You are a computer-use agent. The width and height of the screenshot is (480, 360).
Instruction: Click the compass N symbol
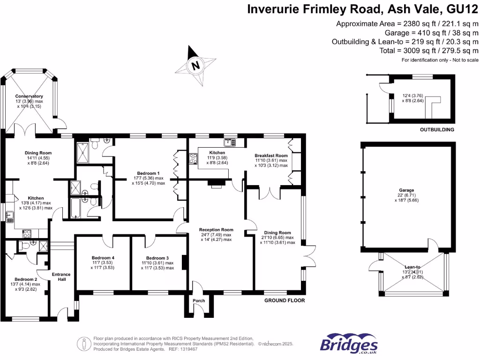(195, 65)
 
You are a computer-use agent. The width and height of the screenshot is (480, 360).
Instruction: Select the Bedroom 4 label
(103, 258)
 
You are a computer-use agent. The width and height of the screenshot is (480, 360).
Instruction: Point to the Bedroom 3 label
(157, 258)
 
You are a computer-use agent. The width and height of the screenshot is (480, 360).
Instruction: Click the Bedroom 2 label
(25, 278)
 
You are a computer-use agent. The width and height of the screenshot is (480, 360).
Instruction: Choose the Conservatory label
(29, 96)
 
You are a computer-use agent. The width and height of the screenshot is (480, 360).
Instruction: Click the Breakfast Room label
(271, 156)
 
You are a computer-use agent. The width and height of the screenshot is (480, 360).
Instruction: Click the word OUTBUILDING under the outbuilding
(437, 130)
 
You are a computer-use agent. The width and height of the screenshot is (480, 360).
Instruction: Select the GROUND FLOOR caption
(285, 300)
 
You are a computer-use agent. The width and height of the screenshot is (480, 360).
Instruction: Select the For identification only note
(440, 60)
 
